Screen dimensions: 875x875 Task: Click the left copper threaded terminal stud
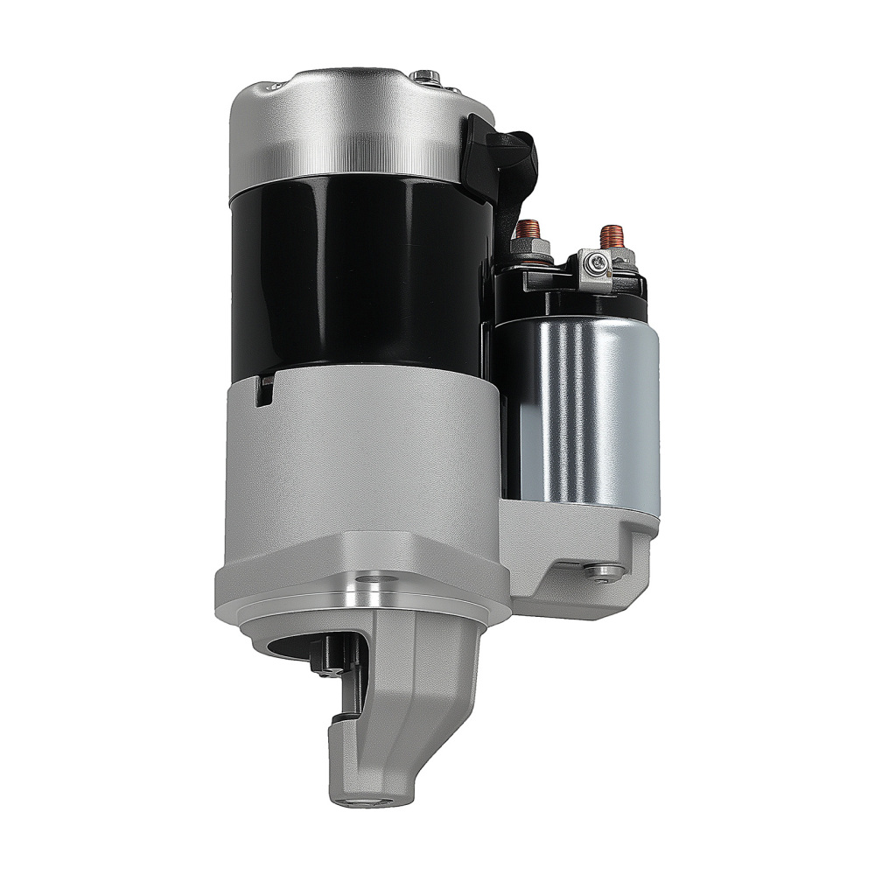(528, 234)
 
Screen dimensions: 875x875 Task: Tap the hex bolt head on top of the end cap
(425, 75)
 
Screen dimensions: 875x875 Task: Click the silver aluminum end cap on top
(350, 122)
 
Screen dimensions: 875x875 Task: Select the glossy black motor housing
(350, 271)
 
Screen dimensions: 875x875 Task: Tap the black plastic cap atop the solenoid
(569, 293)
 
